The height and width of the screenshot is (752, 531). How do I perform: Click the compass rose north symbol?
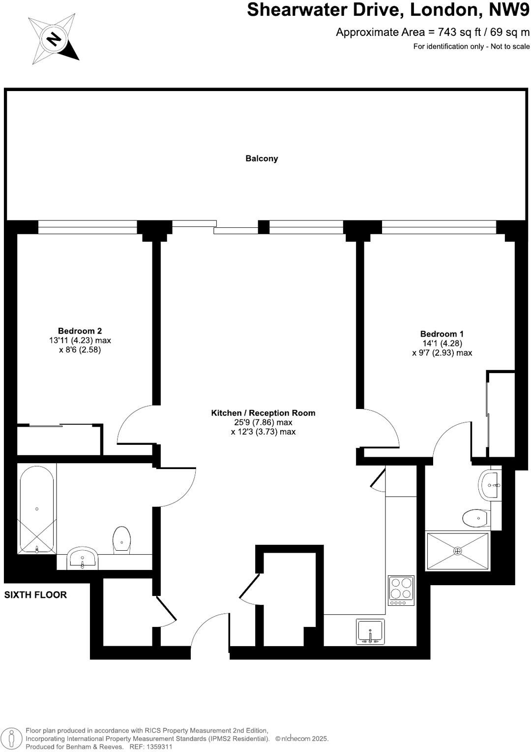pos(54,39)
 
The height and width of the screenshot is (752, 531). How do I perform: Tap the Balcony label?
pos(262,158)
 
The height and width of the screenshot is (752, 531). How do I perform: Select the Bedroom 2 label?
pos(80,331)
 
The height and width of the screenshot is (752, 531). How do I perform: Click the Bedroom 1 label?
pos(442,334)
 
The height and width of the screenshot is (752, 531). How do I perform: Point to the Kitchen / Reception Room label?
pos(263,413)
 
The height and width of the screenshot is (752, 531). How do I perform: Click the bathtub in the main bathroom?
pos(37,509)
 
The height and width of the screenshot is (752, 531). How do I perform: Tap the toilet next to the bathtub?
pos(122,540)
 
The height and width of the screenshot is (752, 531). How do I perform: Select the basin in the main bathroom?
pos(83,558)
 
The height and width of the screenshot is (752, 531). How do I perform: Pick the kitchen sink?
pos(370,632)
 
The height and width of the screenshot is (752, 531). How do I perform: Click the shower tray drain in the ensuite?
pos(458,551)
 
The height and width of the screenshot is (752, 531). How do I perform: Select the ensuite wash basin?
pos(490,485)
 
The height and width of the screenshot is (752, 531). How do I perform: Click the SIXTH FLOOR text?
pos(35,595)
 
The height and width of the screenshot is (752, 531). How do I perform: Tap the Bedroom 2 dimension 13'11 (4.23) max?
pos(80,341)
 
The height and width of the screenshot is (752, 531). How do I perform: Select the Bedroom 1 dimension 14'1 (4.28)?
pos(442,344)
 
